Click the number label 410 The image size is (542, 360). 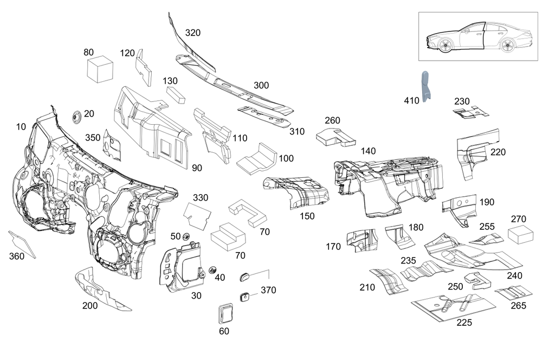click(411, 100)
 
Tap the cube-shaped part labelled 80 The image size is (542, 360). click(100, 69)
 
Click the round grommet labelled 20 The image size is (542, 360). click(76, 117)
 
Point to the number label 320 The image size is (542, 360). click(193, 33)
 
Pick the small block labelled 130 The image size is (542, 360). click(176, 95)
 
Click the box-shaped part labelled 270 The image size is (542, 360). click(520, 235)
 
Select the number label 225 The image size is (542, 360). click(464, 322)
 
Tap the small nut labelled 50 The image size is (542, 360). click(186, 237)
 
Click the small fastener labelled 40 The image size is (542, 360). click(212, 270)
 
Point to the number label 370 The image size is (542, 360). click(268, 290)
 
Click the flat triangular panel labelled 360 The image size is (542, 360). click(22, 244)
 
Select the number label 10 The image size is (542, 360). click(21, 127)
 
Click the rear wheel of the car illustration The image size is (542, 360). click(507, 46)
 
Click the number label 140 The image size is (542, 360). click(368, 151)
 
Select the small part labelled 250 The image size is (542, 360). click(478, 281)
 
